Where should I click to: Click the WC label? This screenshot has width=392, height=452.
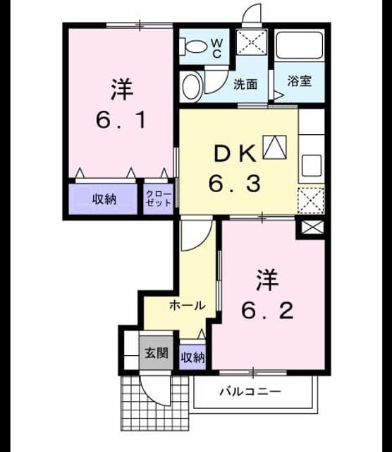217,49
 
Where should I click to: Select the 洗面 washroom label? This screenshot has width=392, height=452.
245,84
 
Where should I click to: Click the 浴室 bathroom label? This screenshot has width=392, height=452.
300,81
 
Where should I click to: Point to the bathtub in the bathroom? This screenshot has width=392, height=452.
299,45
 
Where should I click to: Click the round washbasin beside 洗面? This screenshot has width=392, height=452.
191,87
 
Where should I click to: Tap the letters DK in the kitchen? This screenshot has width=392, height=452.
235,154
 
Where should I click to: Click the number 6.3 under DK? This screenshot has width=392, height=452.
235,184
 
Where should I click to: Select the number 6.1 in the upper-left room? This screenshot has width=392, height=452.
121,120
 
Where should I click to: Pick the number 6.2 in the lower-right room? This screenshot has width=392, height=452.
267,311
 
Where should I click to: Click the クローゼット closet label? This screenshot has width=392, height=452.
159,198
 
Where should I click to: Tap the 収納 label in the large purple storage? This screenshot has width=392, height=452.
104,198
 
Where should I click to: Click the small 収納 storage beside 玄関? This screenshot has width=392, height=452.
192,357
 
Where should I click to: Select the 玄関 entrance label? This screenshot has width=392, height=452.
157,353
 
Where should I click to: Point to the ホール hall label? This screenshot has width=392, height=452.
188,305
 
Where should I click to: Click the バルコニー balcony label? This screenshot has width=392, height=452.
250,391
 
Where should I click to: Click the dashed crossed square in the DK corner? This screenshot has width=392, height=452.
311,201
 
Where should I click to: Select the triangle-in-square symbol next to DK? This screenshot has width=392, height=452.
275,147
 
